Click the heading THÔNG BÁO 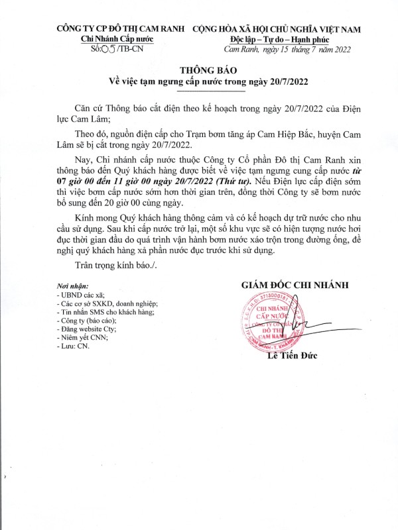(x=199, y=70)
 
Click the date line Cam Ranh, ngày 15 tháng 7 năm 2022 (x=287, y=49)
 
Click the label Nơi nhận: (x=72, y=286)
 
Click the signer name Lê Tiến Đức (x=293, y=356)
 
